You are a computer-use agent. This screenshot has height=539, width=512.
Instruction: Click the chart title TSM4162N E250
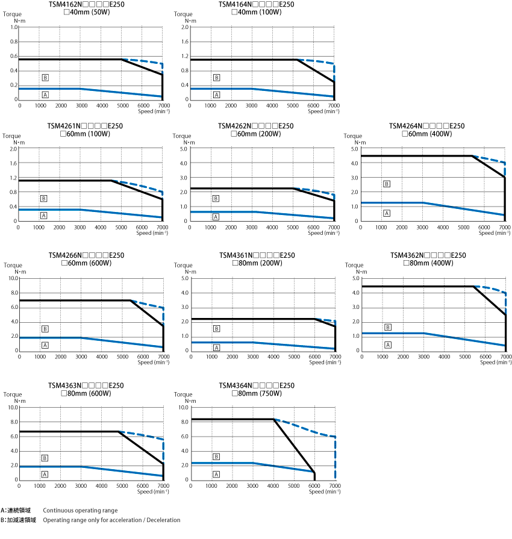coord(86,4)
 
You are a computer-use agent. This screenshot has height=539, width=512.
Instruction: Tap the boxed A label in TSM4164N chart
coord(216,95)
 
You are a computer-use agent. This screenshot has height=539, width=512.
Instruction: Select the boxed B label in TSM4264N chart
coord(387,184)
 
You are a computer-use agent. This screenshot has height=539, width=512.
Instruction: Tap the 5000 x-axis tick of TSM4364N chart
coord(294,485)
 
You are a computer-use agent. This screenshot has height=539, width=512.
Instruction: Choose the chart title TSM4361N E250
coord(257,255)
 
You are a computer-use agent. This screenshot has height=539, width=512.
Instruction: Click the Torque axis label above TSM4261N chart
coord(12,136)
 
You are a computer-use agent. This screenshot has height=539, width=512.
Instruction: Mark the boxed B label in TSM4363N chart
coord(45,458)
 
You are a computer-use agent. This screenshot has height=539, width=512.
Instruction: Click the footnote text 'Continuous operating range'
coord(80,510)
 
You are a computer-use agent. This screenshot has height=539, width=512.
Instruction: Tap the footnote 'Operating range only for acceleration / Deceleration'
coord(111,520)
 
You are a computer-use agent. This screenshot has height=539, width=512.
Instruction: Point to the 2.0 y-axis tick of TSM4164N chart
coord(185,27)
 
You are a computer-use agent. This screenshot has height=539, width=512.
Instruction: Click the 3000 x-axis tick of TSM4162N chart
coord(81,105)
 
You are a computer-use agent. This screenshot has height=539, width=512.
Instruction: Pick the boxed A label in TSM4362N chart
coord(388,344)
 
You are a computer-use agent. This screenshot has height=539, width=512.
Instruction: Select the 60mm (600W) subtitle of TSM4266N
coord(87,263)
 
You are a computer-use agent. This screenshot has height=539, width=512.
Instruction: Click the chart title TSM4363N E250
coord(86,385)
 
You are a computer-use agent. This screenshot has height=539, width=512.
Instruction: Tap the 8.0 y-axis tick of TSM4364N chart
coord(185,422)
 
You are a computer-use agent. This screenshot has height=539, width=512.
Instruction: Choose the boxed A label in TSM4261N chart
coord(44,215)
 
